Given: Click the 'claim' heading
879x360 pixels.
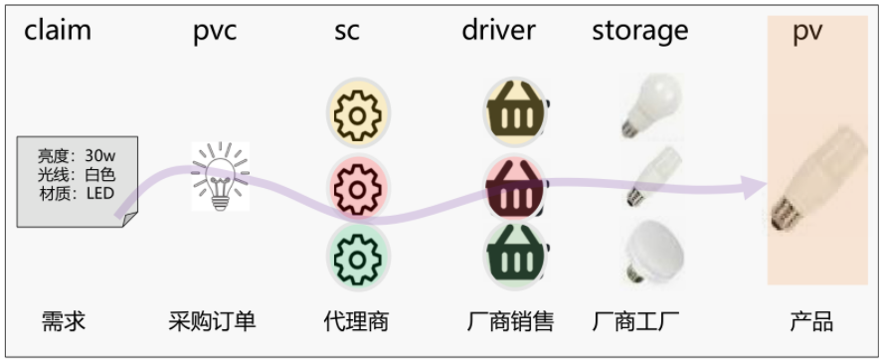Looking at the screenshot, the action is [58, 30].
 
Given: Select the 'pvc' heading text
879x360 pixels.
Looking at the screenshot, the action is [215, 33].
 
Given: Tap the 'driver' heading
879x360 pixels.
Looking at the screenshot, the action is [498, 30].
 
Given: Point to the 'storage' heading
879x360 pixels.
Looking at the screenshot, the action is [639, 32].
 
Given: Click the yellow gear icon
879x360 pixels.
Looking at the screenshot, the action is [358, 113].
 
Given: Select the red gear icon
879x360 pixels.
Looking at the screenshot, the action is [358, 187].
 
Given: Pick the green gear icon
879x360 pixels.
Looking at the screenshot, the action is [358, 257].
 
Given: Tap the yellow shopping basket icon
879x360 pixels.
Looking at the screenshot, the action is [515, 111].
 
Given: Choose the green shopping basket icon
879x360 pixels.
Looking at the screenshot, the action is [515, 256].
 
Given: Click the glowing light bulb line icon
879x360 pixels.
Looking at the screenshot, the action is [221, 176].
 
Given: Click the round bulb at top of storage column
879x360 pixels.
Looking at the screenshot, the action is [652, 106].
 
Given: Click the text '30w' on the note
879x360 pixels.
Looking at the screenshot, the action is [100, 155].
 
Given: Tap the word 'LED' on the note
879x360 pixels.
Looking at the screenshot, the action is [100, 194].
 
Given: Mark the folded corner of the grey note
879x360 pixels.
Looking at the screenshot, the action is [130, 220].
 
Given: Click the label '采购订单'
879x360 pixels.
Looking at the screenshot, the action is [212, 322].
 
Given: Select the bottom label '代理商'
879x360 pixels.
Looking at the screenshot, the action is [356, 322].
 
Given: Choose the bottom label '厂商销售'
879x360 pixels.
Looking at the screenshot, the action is [511, 322].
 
